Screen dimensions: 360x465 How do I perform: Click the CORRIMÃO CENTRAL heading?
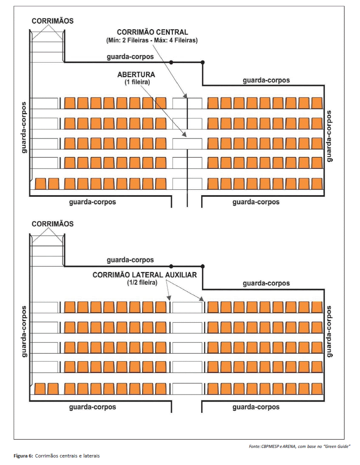click(152, 32)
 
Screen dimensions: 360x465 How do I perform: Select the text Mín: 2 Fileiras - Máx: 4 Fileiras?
click(152, 40)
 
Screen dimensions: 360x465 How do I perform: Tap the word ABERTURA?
click(136, 74)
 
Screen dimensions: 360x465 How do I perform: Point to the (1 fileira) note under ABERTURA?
click(137, 82)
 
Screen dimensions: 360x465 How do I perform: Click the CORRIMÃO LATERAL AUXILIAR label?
click(145, 275)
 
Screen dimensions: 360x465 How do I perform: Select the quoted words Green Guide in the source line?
click(337, 446)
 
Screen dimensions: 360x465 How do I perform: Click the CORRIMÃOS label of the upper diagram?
click(53, 21)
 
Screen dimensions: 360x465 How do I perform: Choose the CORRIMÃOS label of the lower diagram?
click(53, 224)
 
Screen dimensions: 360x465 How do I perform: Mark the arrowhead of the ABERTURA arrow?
click(185, 135)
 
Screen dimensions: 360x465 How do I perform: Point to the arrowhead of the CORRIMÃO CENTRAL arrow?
click(186, 96)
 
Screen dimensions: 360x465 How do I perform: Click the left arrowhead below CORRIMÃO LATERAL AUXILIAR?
click(169, 298)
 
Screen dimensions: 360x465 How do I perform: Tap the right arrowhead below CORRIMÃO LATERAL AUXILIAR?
click(201, 299)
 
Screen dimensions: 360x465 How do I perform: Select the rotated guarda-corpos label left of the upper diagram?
click(24, 128)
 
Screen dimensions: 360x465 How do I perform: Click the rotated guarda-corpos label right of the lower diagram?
click(329, 332)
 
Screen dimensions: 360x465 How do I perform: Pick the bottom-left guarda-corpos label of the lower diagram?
click(93, 407)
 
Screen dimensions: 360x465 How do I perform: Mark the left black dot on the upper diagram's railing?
click(171, 62)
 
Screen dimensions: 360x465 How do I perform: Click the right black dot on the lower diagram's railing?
click(203, 266)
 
